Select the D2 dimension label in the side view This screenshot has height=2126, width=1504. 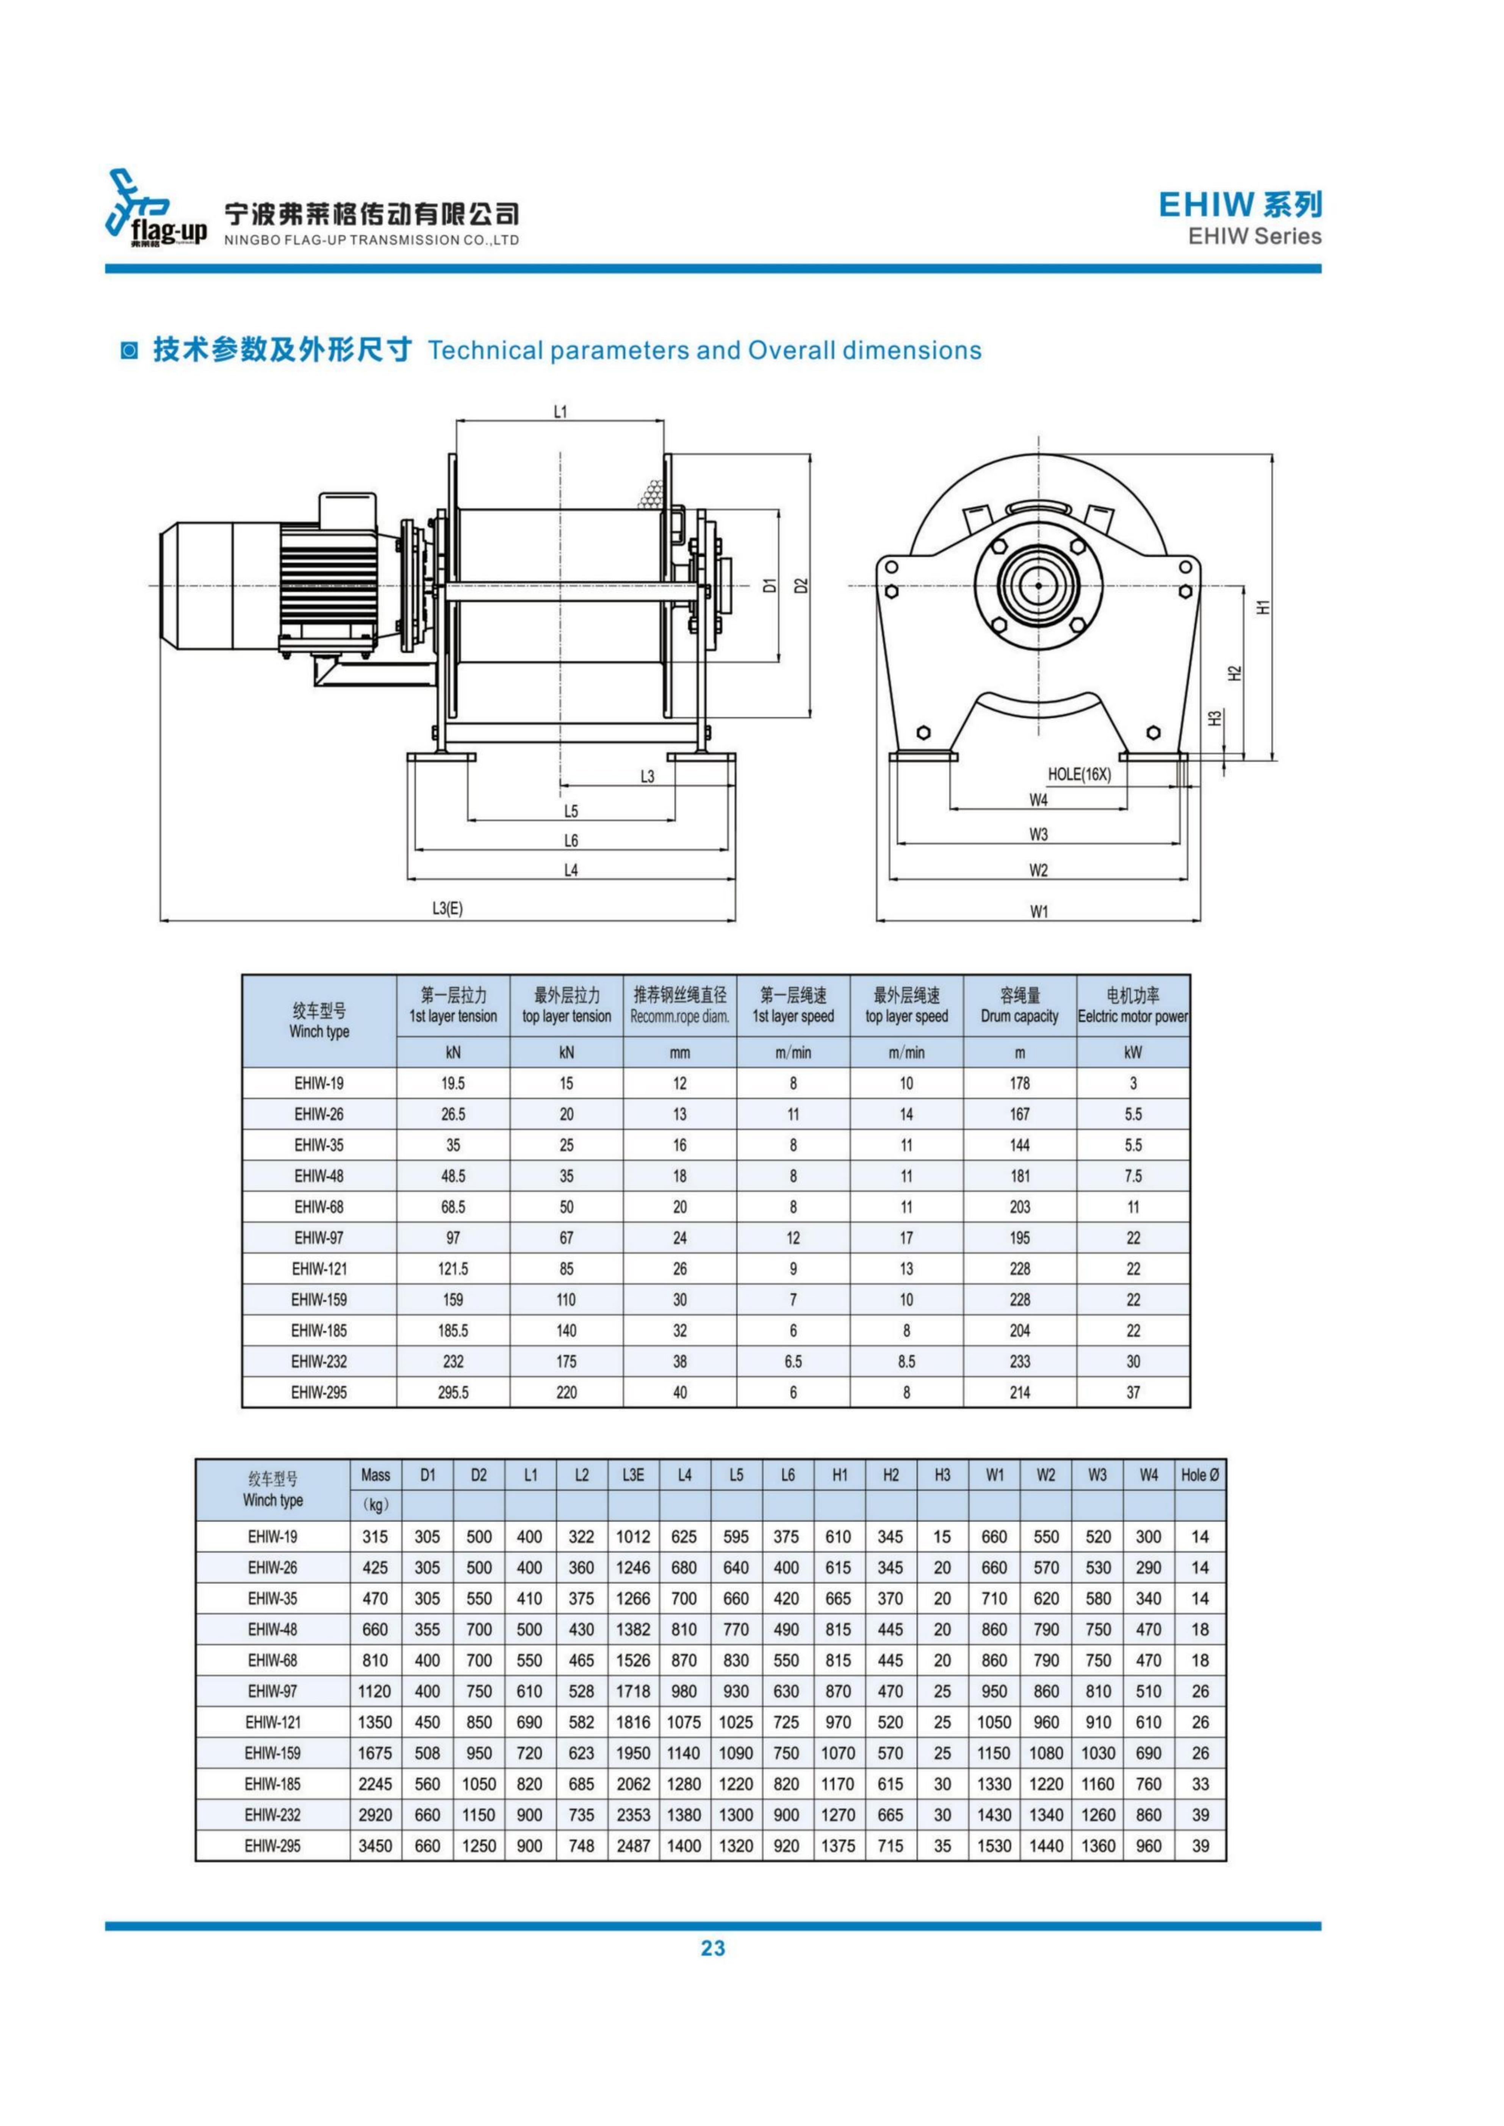pyautogui.click(x=802, y=585)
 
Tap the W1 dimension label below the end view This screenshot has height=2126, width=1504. pyautogui.click(x=1039, y=911)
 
